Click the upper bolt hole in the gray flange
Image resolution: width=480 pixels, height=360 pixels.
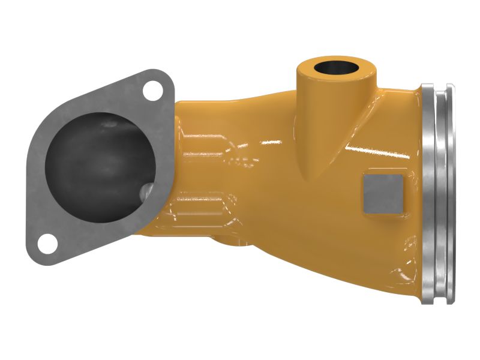click(x=154, y=91)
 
